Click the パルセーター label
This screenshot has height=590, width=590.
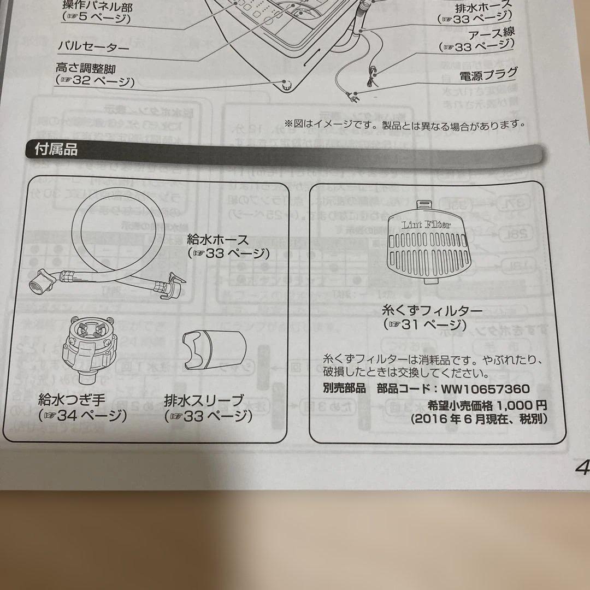93,46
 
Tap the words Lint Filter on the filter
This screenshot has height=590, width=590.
426,225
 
